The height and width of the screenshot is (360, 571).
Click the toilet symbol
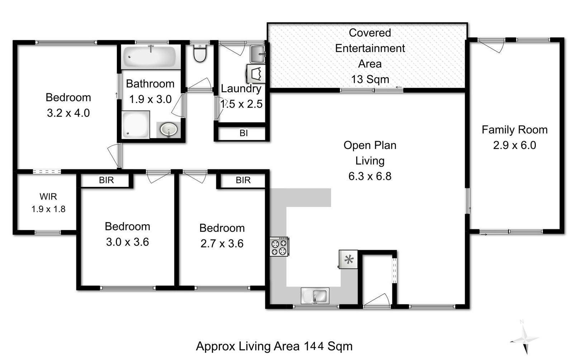point(200,53)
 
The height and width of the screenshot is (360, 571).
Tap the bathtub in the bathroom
point(149,57)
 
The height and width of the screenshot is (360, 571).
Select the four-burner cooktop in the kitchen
point(279,247)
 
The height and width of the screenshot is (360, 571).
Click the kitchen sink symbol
point(315,295)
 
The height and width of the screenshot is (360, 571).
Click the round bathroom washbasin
point(169,129)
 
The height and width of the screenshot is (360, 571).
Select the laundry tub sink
point(257,54)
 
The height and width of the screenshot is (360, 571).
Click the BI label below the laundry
point(244,133)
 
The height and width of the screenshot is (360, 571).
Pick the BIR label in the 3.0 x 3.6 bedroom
point(106,180)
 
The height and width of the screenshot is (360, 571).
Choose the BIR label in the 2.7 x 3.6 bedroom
point(243,180)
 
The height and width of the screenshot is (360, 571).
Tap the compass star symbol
point(525,338)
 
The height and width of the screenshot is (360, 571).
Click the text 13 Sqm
point(370,79)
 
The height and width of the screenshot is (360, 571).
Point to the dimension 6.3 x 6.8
point(370,176)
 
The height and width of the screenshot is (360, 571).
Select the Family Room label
point(514,130)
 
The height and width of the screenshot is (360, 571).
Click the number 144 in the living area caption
point(314,346)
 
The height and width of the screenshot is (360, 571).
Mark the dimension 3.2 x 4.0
point(68,113)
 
